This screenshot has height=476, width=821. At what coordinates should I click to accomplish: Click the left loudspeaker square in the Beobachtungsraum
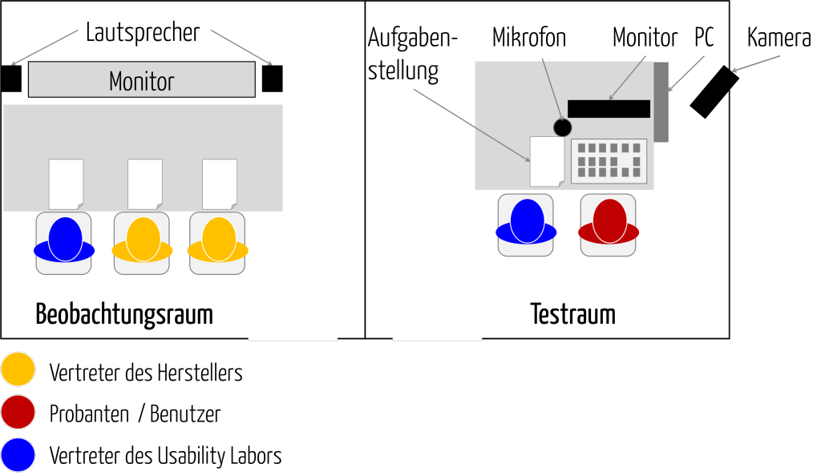point(10,79)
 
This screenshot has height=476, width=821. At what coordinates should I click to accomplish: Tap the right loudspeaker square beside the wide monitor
point(273,79)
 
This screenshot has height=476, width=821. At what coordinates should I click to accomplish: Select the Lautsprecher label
point(143,33)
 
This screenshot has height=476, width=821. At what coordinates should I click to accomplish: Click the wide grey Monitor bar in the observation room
point(142,79)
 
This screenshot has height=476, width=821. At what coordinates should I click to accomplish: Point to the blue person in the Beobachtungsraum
point(64,240)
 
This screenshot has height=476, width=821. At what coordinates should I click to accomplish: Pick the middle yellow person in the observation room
point(143,240)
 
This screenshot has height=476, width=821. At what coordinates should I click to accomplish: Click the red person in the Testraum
point(609,222)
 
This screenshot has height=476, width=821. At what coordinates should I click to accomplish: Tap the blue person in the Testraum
point(526,222)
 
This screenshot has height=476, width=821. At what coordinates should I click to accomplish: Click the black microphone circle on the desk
point(562,127)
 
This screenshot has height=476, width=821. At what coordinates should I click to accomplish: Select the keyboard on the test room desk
point(609,161)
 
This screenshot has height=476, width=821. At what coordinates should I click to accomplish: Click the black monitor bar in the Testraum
point(609,109)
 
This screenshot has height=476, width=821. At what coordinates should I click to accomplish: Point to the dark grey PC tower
point(661,102)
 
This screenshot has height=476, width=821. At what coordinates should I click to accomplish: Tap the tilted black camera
point(714,91)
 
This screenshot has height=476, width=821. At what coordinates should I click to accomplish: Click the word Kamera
point(779,38)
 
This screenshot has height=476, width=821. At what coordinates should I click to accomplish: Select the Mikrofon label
point(529,38)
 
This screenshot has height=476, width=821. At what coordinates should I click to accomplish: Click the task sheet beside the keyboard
point(547,162)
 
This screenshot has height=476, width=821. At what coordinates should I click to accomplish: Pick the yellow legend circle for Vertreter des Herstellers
point(18,369)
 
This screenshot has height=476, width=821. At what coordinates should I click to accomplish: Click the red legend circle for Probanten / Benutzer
point(18,412)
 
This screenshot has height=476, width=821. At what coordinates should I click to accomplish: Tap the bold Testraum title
point(572,314)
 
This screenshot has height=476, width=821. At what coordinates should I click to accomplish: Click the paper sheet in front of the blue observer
point(66,184)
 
